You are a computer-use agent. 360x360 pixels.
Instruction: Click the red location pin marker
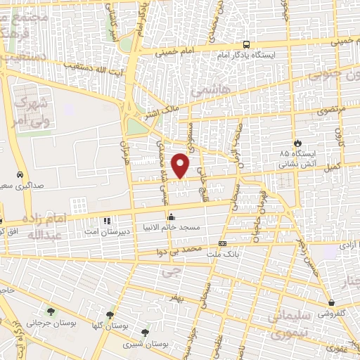point(181,165)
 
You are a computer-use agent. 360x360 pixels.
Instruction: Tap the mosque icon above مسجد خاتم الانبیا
point(170,216)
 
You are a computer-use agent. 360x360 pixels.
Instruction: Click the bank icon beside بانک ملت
point(223,244)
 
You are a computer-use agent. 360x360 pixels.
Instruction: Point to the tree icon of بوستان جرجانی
point(50,311)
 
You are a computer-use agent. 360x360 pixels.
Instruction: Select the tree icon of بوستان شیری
point(145,332)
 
